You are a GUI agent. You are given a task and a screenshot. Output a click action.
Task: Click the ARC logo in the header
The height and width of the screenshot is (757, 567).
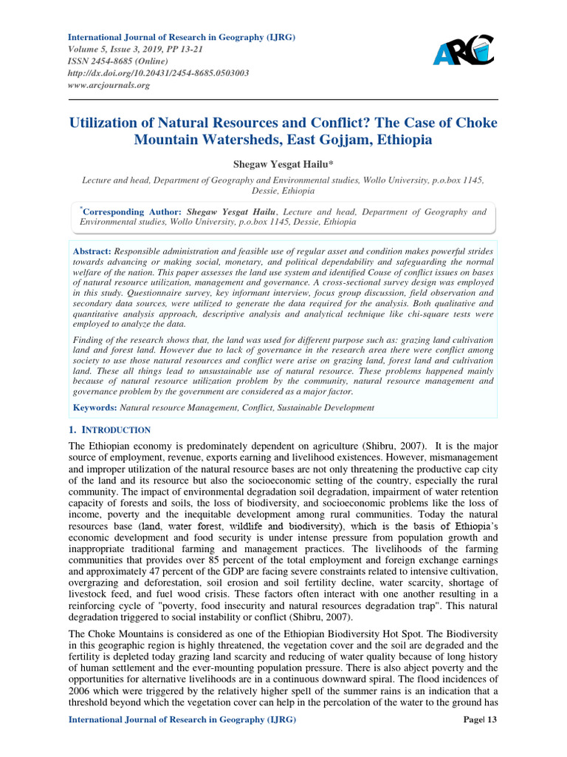(463, 50)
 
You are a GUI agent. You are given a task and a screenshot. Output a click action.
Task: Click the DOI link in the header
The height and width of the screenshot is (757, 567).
(158, 73)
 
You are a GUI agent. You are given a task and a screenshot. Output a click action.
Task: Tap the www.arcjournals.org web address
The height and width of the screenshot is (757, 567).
(109, 85)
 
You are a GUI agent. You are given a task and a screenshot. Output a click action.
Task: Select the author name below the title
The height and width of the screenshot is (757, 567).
(283, 163)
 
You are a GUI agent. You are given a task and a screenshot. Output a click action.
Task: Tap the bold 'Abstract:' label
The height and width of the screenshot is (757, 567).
(92, 252)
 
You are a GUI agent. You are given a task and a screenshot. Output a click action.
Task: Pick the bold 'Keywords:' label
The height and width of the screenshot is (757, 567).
(94, 407)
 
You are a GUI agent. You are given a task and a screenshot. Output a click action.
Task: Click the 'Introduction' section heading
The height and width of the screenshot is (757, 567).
(114, 430)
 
